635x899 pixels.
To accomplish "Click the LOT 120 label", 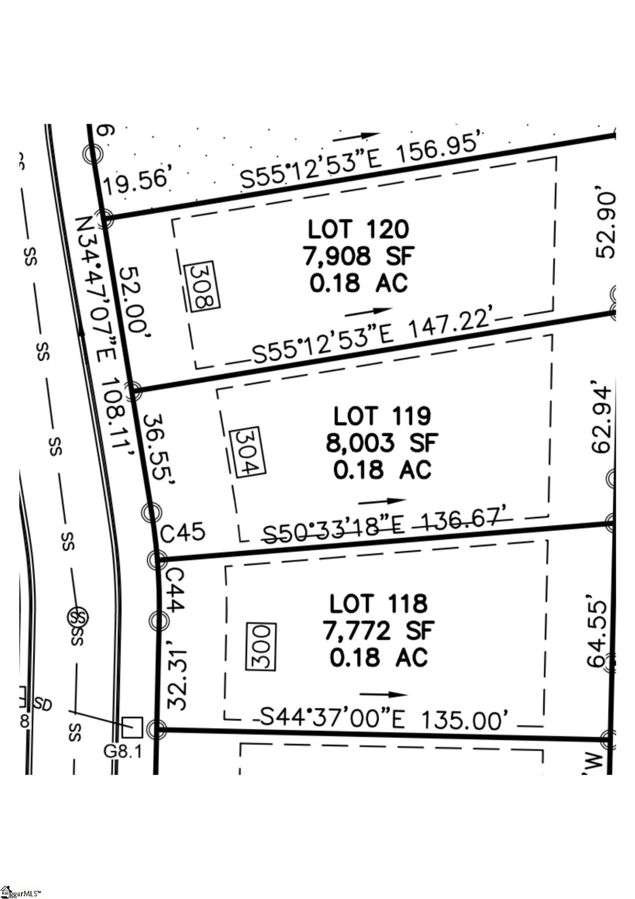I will tap(358, 229).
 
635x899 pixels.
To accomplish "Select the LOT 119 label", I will tap(382, 416).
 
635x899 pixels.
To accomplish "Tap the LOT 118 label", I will tap(378, 604).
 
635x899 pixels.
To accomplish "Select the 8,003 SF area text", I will tap(382, 442).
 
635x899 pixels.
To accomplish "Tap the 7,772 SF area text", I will tap(379, 630).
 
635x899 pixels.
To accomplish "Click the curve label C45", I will tap(182, 532).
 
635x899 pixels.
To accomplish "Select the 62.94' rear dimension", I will tap(602, 419).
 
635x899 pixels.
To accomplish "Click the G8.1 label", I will tap(123, 751).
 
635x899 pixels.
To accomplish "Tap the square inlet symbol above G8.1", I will tap(131, 727).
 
